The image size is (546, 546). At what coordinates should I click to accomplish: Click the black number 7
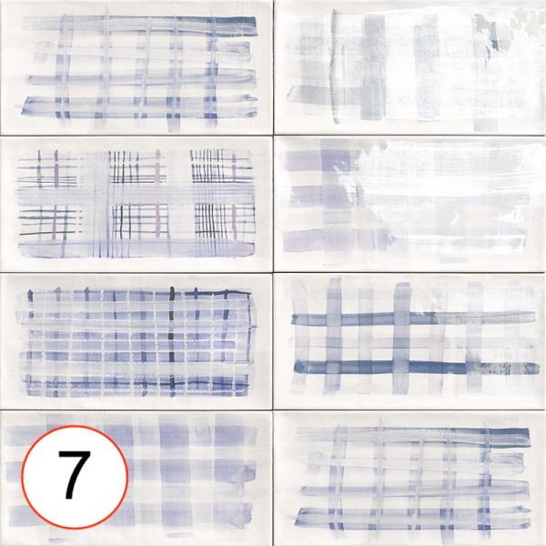(75, 474)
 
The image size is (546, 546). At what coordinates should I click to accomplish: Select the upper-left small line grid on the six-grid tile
(48, 168)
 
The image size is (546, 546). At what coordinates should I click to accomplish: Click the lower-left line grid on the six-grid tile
(49, 221)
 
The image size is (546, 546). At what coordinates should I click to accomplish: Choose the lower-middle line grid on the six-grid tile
(140, 221)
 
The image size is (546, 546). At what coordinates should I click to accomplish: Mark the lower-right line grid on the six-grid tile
(225, 221)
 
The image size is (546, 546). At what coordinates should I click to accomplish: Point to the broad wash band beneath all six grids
(136, 248)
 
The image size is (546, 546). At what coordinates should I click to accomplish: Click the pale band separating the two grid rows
(136, 196)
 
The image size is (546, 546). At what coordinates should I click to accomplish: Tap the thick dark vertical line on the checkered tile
(171, 339)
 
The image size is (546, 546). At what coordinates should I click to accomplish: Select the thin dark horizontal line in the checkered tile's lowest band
(136, 384)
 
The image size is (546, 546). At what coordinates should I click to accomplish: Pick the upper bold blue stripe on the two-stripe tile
(414, 318)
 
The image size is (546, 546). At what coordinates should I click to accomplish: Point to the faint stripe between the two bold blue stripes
(414, 343)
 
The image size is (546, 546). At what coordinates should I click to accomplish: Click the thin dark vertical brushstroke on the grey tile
(334, 66)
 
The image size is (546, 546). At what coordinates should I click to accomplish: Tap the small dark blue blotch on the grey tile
(494, 45)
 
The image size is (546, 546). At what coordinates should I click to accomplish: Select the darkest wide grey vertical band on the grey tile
(375, 67)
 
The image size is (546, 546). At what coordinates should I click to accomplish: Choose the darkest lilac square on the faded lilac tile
(335, 162)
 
